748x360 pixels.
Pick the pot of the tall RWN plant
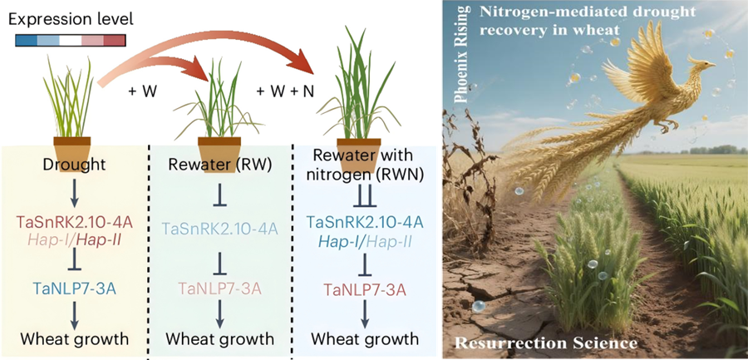[x=359, y=150]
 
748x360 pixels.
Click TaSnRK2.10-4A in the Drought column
[x=73, y=222]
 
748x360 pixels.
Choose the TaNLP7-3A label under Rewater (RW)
[x=219, y=288]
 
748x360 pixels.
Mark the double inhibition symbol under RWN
[x=359, y=199]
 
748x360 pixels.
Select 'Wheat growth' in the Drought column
[x=73, y=338]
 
